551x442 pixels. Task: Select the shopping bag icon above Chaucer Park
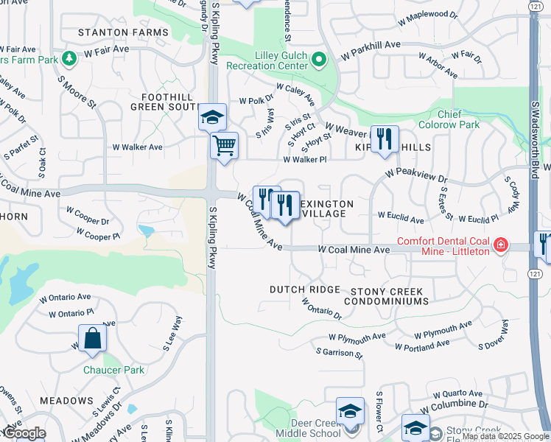92,339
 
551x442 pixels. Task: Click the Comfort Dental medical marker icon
501,244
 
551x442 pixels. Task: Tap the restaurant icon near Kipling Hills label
384,138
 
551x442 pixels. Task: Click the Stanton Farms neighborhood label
124,32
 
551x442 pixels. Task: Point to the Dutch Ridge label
304,290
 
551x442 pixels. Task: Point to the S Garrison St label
340,353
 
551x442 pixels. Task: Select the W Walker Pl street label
304,159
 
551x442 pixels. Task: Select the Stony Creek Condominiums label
389,296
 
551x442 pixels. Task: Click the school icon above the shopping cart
212,116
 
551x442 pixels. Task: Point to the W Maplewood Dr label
428,17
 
